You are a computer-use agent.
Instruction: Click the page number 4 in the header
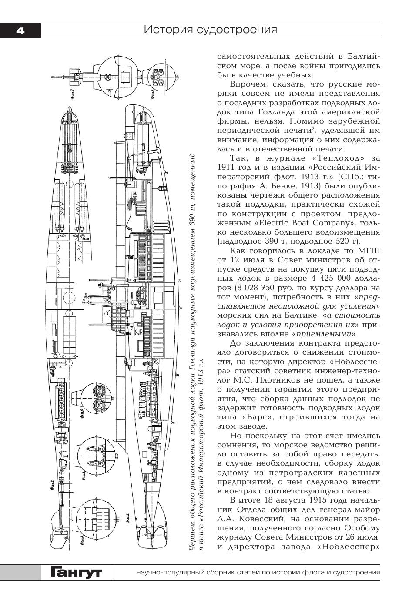point(20,30)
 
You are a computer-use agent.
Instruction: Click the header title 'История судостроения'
point(211,30)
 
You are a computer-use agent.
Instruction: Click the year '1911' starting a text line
point(227,168)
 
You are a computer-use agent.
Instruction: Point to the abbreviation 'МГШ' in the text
point(368,251)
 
